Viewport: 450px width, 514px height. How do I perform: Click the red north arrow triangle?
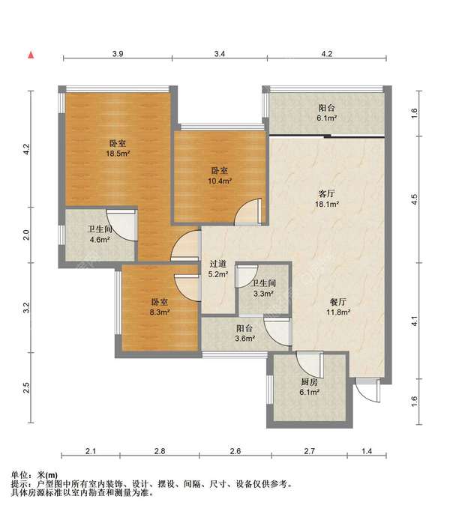point(31,55)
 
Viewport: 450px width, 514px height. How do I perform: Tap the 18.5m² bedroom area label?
point(118,154)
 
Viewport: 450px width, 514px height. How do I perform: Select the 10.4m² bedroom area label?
point(220,181)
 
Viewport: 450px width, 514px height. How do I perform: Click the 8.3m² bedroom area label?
point(160,312)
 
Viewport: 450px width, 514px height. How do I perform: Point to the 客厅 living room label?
point(327,194)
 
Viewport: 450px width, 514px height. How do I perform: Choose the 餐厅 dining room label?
point(338,302)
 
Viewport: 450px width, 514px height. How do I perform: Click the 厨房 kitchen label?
point(309,382)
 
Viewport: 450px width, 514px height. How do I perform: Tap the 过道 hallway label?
point(218,264)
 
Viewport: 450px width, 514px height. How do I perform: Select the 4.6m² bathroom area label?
point(100,240)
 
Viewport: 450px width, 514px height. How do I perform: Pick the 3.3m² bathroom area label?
point(263,294)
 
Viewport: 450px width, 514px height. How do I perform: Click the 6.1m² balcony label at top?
point(327,118)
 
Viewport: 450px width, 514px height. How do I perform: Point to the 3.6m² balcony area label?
point(244,339)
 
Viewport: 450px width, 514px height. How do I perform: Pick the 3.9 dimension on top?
point(118,54)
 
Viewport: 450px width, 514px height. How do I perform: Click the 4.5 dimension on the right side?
point(415,199)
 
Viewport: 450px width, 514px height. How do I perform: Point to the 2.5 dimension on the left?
point(26,388)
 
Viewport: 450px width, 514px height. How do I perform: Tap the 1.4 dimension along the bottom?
point(367,451)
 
